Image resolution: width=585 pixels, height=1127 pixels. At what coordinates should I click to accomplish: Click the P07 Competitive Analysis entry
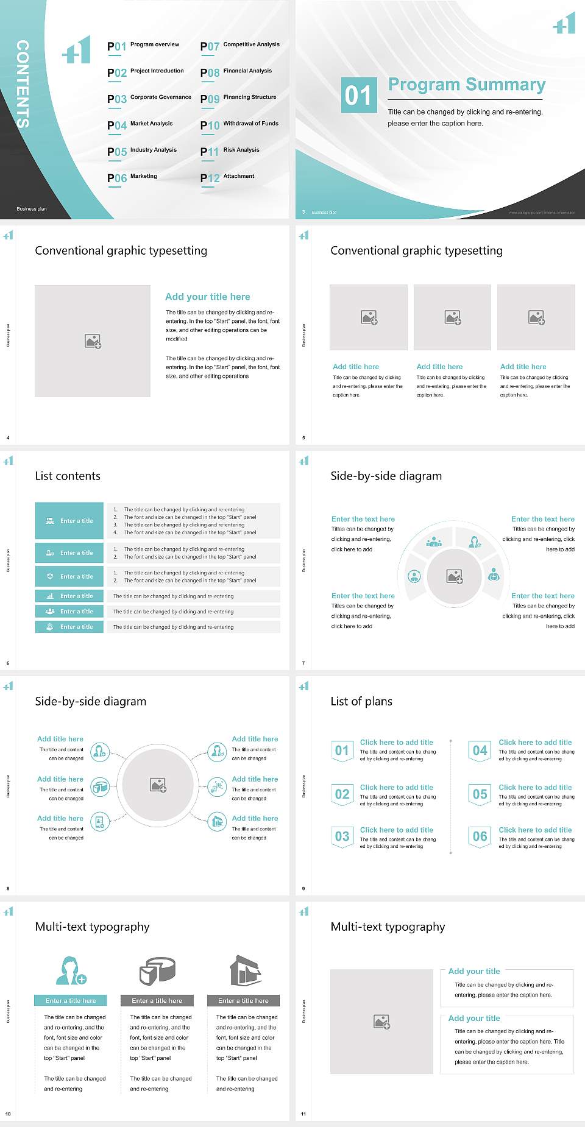[240, 46]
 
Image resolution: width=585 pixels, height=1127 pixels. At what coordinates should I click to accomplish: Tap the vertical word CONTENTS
[23, 84]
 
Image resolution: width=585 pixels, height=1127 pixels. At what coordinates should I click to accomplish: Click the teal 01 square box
[358, 95]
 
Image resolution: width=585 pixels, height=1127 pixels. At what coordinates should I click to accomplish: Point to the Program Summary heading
[466, 85]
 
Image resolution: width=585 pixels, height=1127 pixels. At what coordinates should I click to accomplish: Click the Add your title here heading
[207, 297]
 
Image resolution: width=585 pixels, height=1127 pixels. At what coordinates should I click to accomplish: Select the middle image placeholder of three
[452, 317]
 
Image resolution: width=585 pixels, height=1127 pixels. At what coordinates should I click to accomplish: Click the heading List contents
[68, 476]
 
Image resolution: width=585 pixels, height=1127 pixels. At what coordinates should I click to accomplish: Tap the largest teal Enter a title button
[70, 521]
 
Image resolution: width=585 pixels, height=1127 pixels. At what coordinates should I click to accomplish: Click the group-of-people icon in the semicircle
[434, 542]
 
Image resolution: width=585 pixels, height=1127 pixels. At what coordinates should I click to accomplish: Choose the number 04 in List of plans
[480, 751]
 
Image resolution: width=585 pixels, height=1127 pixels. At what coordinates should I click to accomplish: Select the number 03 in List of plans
[342, 836]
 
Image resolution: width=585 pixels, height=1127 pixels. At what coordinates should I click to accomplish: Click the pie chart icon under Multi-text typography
[157, 970]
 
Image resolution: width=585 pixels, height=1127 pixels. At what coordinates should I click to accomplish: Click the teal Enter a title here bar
[71, 1000]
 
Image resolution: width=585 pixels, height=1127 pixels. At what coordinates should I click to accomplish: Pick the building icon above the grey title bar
[245, 970]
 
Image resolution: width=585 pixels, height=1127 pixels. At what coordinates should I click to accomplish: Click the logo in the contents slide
[77, 50]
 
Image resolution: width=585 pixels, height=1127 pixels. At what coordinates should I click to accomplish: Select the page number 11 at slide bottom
[303, 1114]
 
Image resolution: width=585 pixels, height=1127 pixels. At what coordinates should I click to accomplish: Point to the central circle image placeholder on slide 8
[158, 785]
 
